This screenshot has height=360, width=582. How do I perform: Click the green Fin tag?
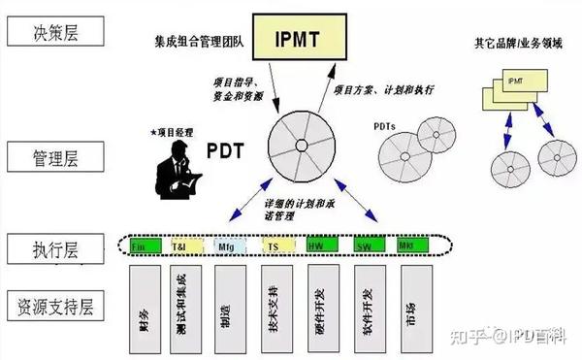(140, 246)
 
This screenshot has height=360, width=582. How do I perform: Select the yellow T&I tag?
(181, 246)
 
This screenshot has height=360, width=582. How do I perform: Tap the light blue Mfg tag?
(226, 246)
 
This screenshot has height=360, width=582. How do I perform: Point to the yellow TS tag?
(274, 246)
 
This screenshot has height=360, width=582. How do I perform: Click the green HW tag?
(319, 246)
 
